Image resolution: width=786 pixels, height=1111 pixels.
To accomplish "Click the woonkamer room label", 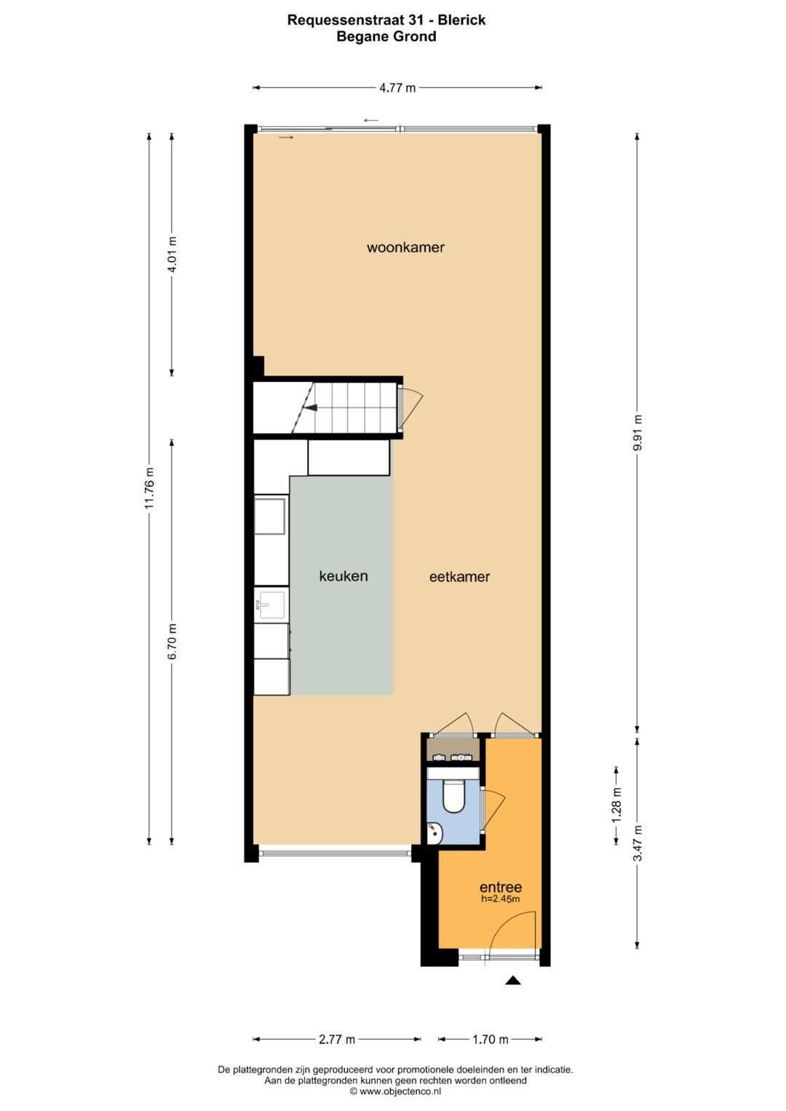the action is coord(405,247).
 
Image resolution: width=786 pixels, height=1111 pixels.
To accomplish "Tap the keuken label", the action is coord(344,576).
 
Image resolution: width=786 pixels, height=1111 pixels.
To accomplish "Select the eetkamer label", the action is coord(459,577).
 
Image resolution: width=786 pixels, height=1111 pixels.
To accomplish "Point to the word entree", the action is coord(500,888).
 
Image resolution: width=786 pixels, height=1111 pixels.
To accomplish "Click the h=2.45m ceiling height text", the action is coord(500,899).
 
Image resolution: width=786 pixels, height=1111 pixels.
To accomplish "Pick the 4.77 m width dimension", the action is coord(397,88).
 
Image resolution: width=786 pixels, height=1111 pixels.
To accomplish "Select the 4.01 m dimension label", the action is coord(172,255).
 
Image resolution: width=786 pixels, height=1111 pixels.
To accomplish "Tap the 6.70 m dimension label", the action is coord(172,642).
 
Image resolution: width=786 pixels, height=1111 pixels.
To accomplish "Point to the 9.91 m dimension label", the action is coord(638,432).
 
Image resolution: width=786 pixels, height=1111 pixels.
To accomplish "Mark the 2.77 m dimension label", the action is coord(337,1039).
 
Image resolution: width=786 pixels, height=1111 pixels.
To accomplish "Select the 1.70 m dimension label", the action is coord(491,1039).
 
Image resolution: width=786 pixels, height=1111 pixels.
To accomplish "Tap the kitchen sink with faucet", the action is coord(271,604).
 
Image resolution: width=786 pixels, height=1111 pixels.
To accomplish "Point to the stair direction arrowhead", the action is coord(311,407).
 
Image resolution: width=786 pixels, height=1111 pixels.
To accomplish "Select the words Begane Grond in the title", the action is coord(386,36).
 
